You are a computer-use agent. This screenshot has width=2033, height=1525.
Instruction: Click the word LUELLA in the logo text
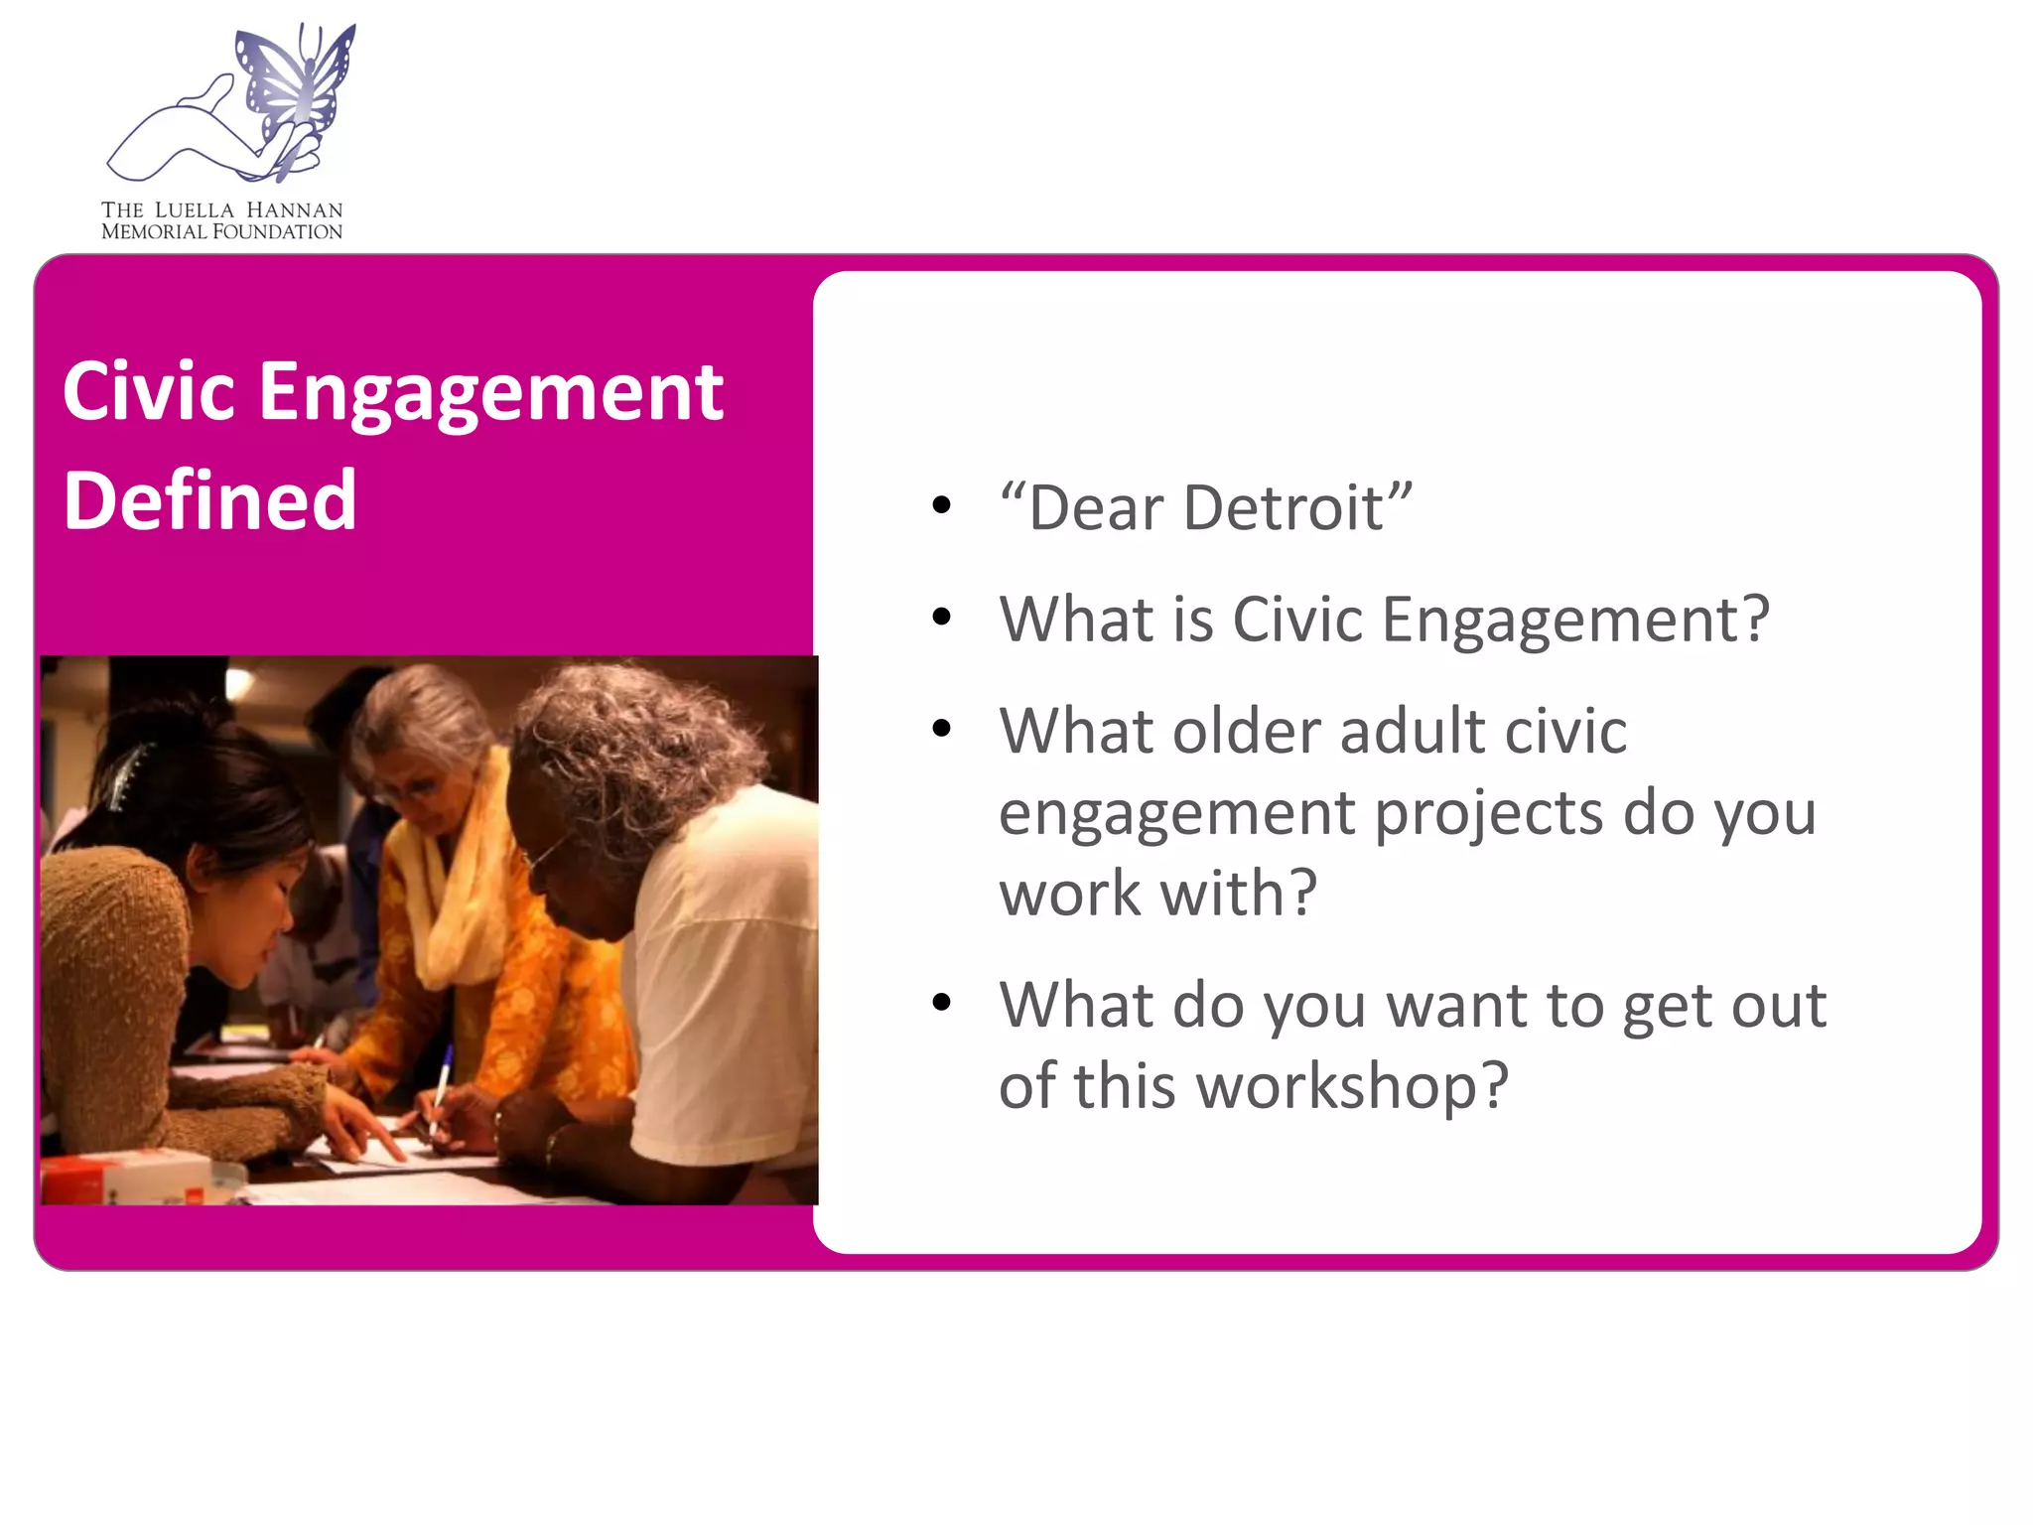195,210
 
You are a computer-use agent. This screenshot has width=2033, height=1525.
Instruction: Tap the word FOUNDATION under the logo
277,232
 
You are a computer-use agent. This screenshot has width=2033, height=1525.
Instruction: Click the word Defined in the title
209,500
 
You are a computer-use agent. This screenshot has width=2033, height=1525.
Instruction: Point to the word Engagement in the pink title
490,393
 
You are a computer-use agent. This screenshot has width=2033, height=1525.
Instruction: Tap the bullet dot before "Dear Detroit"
941,506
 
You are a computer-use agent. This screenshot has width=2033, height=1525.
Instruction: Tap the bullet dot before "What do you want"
941,1003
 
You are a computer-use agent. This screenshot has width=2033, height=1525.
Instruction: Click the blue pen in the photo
441,1087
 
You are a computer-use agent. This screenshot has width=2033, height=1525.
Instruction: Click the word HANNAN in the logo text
294,210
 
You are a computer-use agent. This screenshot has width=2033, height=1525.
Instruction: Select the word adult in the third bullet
1411,732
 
